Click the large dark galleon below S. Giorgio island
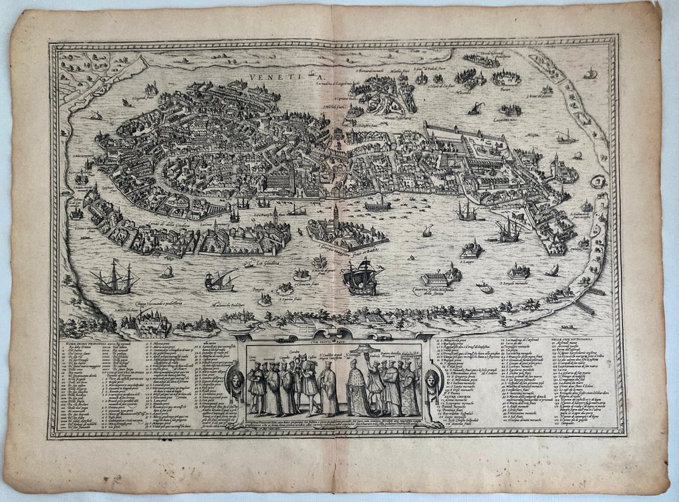tap(361, 275)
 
